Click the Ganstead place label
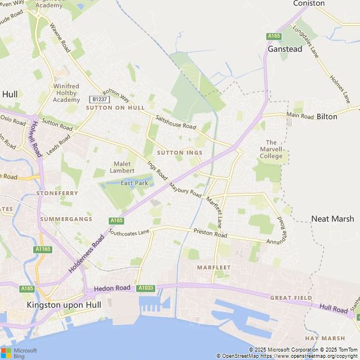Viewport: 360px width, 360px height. point(285,49)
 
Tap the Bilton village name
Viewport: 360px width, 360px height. point(327,116)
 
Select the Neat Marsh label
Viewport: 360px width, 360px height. point(332,219)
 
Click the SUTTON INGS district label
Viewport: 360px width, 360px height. point(179,152)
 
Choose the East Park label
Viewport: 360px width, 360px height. point(134,183)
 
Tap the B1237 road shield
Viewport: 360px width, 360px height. point(99,99)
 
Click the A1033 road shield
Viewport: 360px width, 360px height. point(146,288)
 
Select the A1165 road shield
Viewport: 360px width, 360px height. point(42,249)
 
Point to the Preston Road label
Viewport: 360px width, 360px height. point(210,233)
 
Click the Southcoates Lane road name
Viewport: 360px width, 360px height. point(129,231)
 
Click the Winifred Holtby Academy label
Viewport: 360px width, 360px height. point(66,93)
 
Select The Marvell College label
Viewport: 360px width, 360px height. point(271,149)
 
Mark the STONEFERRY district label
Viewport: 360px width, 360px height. point(57,193)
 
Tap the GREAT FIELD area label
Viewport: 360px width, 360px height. point(291,297)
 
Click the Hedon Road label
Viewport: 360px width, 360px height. point(112,288)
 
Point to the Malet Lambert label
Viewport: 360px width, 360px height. point(121,167)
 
